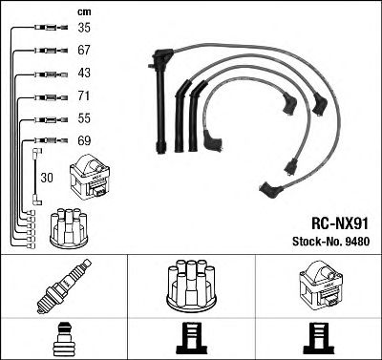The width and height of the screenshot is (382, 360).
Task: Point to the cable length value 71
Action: tap(83, 96)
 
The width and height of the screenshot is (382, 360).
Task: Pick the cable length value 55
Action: tap(83, 119)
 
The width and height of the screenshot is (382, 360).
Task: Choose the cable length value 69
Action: tap(83, 141)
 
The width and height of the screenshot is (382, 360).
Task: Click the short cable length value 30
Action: tap(48, 177)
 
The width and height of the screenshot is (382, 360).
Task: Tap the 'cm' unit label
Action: tap(82, 11)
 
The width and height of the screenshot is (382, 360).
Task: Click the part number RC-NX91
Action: tap(339, 219)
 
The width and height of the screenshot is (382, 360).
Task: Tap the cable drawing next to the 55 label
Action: tap(42, 119)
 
